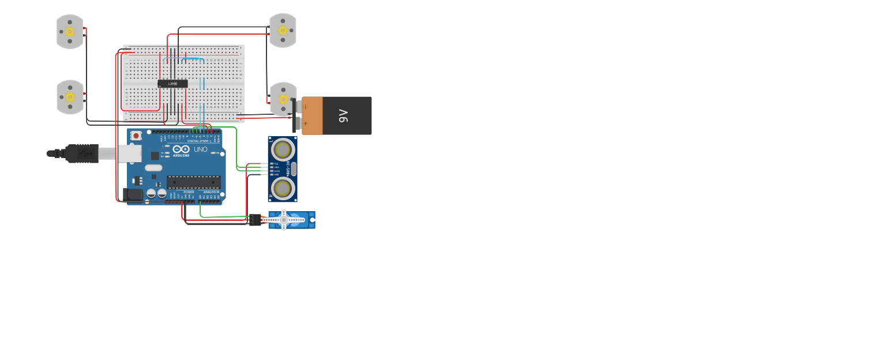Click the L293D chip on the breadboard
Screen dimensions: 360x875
[172, 84]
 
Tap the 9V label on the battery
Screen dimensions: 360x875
[344, 116]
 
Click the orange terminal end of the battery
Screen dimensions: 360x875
[312, 116]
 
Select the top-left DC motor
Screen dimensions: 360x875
[70, 31]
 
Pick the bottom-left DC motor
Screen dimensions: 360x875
[70, 97]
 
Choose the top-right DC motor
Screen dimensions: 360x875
[283, 30]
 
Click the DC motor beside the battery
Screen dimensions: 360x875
[283, 99]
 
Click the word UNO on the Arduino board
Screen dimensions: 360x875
[200, 149]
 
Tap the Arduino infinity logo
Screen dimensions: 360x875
[181, 149]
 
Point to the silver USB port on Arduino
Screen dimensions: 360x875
[130, 153]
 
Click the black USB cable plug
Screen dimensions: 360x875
[81, 153]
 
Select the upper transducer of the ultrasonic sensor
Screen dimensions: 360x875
[283, 150]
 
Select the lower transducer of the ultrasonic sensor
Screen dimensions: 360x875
[283, 187]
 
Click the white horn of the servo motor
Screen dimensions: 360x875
[283, 219]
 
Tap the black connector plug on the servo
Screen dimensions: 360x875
[255, 219]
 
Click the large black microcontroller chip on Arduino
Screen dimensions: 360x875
[194, 182]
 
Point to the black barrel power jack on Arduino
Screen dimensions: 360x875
[133, 194]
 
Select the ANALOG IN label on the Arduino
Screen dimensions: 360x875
[211, 192]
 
